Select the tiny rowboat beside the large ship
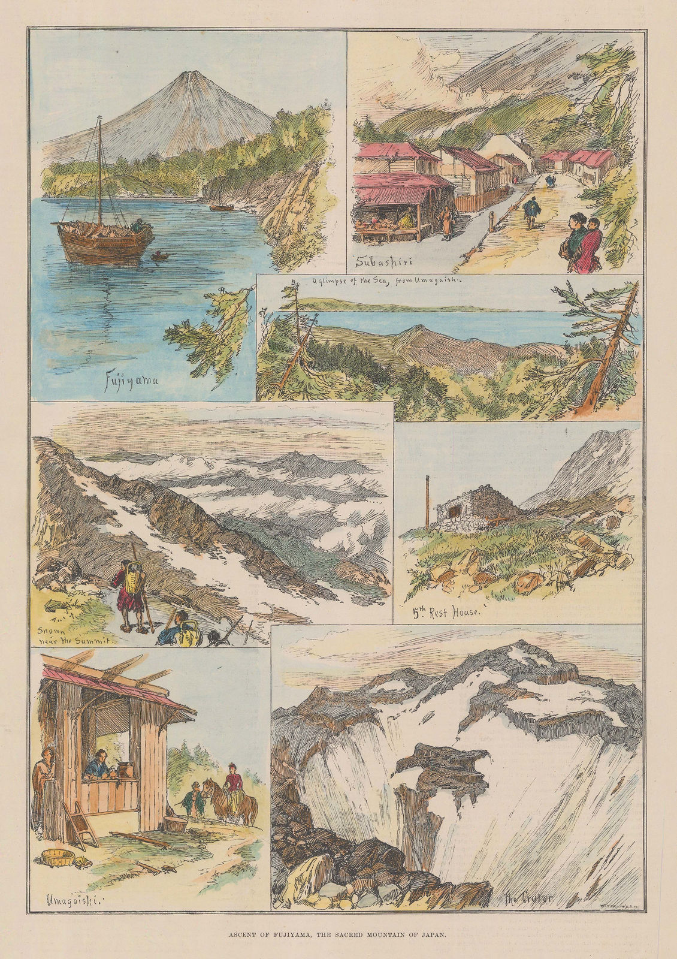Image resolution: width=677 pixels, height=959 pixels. point(159,256)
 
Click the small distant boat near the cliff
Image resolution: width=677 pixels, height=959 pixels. point(222,207)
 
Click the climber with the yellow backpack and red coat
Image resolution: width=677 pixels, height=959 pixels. point(129,587)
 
